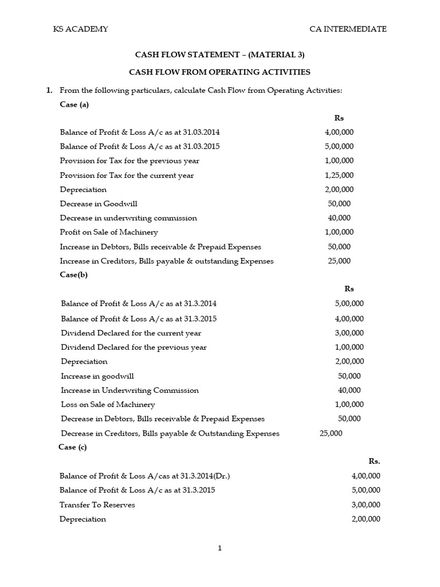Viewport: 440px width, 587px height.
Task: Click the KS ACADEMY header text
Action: coord(81,29)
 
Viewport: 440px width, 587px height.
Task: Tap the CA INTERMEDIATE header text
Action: coord(348,29)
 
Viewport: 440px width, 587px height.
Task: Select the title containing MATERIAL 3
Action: coord(219,55)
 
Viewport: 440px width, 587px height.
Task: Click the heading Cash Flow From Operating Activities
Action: coord(219,72)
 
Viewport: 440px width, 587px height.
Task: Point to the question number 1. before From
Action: coord(49,91)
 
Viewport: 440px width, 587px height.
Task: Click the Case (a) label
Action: coord(74,104)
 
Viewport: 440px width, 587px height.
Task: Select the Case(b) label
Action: coord(73,275)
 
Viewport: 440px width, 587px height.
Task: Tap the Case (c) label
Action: coord(73,447)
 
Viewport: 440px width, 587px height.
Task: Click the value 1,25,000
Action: coord(339,175)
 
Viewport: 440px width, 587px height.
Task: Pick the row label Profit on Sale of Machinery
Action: coord(109,232)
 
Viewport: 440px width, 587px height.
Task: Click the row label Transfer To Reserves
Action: coord(97,505)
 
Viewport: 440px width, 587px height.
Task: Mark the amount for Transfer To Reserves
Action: coord(366,505)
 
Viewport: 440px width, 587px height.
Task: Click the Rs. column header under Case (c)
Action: coord(374,461)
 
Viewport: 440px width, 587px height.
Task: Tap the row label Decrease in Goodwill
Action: coord(99,204)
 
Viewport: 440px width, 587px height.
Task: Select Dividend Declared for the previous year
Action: coord(133,347)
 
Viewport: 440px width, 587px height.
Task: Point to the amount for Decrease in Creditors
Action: coord(331,433)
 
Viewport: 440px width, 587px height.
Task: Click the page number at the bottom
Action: coord(219,548)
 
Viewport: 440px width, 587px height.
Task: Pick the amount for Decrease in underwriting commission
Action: coord(339,218)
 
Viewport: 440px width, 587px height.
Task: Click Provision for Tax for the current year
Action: coord(127,175)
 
